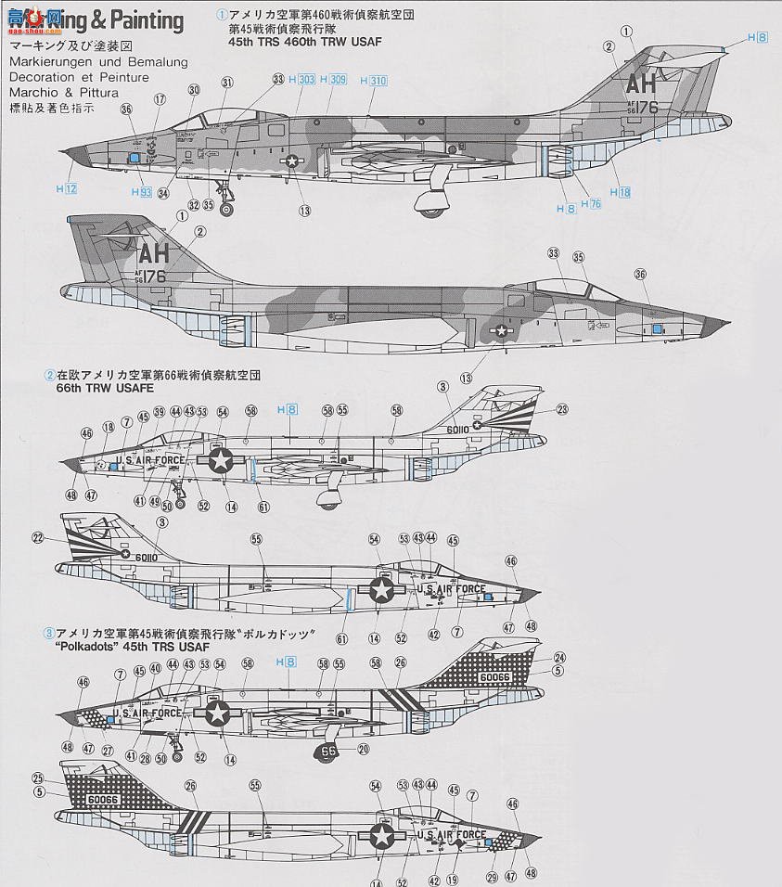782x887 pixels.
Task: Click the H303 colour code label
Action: pyautogui.click(x=302, y=80)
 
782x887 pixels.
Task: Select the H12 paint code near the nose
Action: pyautogui.click(x=66, y=188)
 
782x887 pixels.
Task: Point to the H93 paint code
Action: pyautogui.click(x=140, y=192)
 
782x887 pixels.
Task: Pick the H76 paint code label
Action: pyautogui.click(x=591, y=204)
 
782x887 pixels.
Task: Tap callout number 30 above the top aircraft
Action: pyautogui.click(x=194, y=90)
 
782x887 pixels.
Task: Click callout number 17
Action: pyautogui.click(x=160, y=99)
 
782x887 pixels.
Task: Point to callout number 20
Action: pyautogui.click(x=363, y=750)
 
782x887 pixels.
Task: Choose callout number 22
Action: pyautogui.click(x=38, y=536)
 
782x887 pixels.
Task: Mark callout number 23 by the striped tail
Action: pyautogui.click(x=562, y=408)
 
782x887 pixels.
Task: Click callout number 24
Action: pyautogui.click(x=559, y=657)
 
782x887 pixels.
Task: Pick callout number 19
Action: pyautogui.click(x=453, y=880)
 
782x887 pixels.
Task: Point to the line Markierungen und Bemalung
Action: pyautogui.click(x=97, y=62)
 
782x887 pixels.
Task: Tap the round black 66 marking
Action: pyautogui.click(x=329, y=752)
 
